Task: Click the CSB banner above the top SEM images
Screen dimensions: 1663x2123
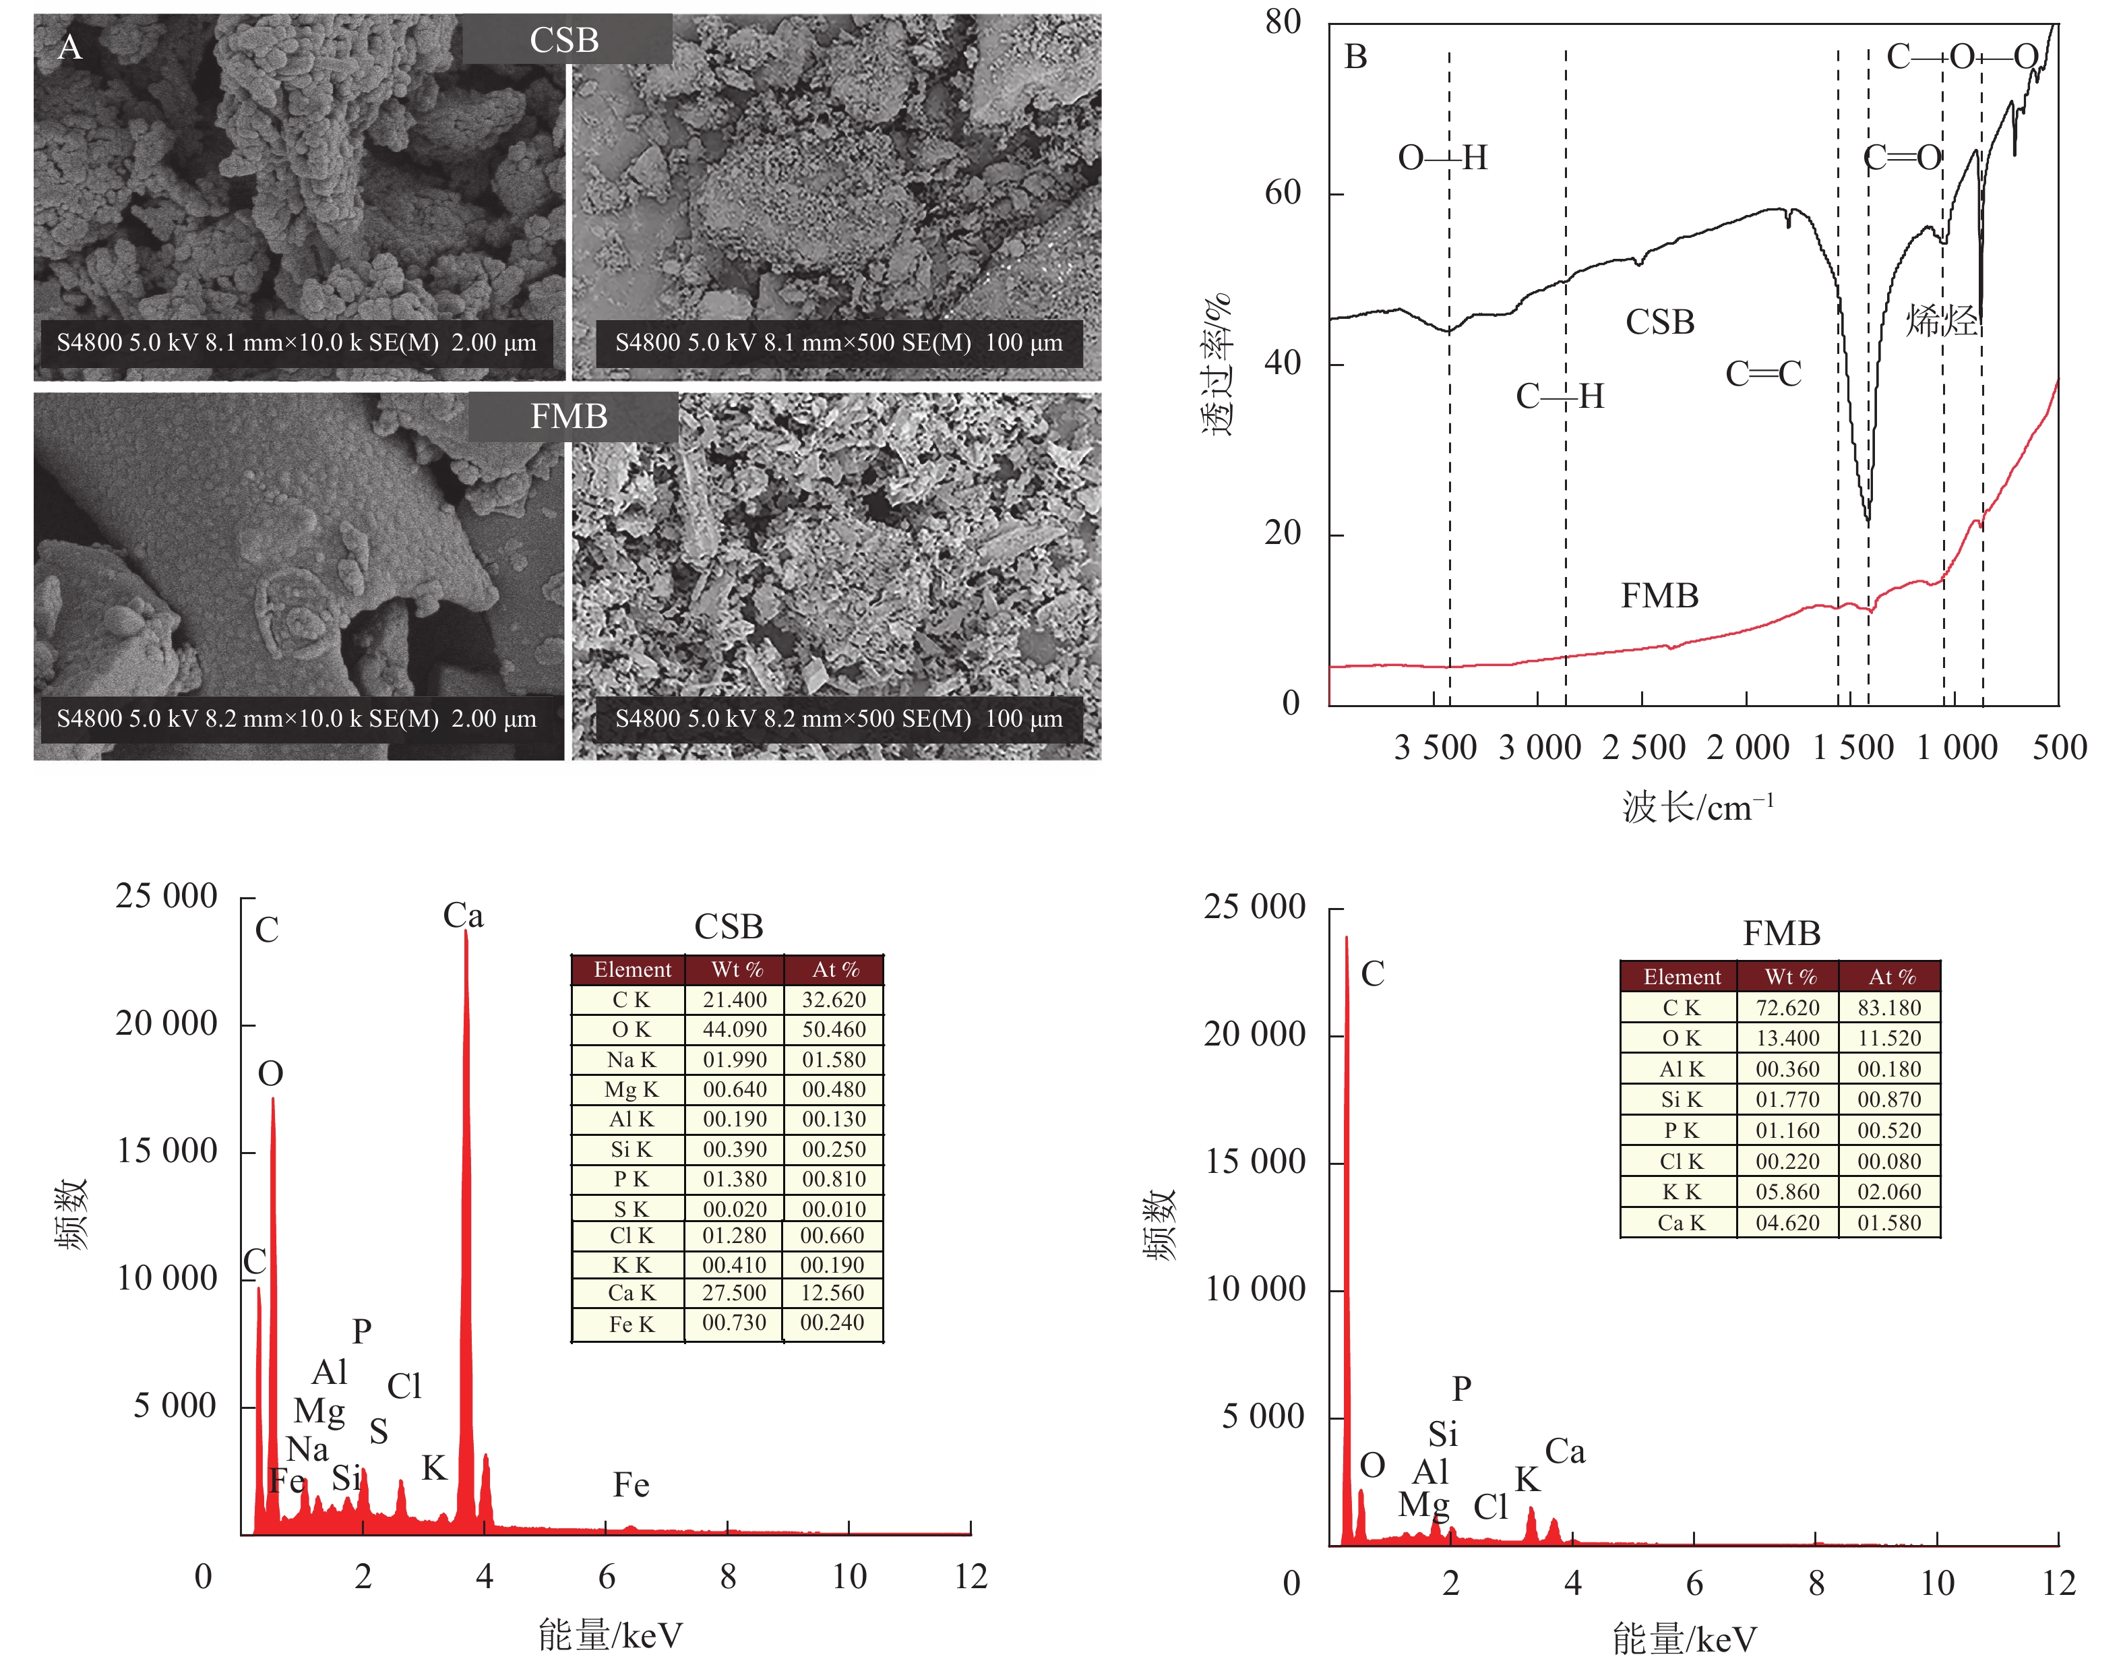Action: point(565,40)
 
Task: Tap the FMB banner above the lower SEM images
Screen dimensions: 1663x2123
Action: point(570,417)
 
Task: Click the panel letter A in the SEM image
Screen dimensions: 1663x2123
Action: point(69,47)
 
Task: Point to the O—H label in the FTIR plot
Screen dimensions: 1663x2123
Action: point(1442,158)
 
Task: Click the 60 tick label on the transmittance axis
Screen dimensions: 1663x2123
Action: point(1283,193)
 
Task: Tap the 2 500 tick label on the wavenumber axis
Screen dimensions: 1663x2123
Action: point(1644,748)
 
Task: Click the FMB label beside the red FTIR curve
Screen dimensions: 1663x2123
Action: point(1660,596)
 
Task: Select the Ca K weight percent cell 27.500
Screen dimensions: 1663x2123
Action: point(735,1293)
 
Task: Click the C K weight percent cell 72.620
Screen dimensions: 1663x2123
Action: point(1787,1008)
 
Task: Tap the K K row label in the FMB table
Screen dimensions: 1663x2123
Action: point(1681,1192)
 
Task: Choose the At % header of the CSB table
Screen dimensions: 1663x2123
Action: point(835,970)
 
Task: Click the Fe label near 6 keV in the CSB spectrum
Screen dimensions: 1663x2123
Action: point(631,1485)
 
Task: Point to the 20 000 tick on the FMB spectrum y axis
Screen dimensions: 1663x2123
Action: point(1255,1034)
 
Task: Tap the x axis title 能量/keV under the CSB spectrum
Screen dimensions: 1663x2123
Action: point(611,1636)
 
